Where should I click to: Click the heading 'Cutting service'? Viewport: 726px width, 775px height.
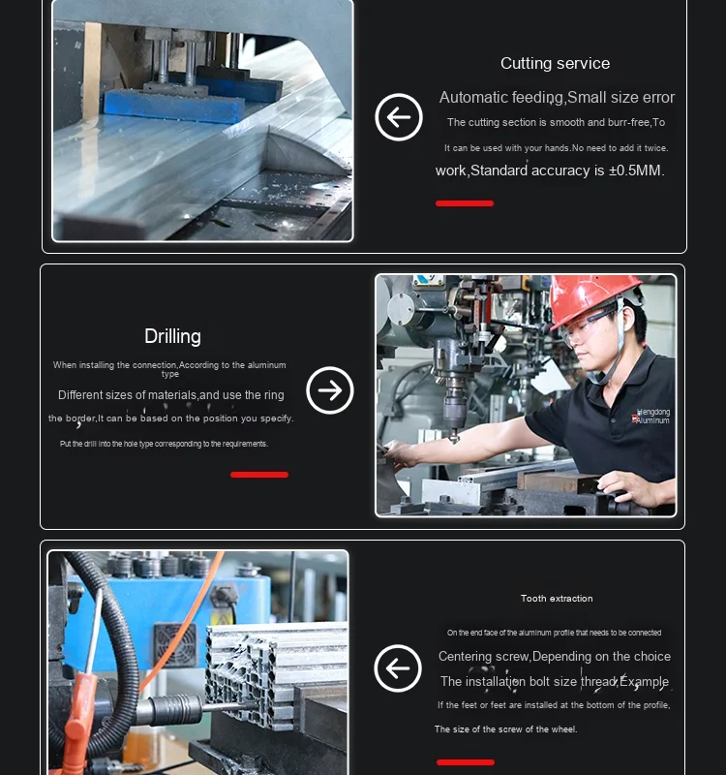click(555, 64)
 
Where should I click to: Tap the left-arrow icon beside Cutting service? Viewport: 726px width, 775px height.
click(399, 117)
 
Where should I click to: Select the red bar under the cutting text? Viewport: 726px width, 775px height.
click(465, 203)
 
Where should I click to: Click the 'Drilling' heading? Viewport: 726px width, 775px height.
click(172, 336)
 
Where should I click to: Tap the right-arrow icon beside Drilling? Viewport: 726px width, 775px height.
click(330, 390)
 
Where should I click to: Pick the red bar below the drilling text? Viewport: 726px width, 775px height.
click(259, 475)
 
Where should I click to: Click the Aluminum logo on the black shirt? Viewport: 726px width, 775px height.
click(652, 417)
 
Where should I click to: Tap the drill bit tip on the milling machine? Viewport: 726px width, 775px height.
click(453, 438)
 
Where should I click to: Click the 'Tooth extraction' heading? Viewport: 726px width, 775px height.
click(557, 599)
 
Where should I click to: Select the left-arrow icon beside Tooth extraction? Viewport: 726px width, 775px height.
click(398, 668)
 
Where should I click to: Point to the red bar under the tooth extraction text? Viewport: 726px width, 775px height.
click(466, 762)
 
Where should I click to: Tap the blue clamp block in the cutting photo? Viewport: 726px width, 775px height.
click(174, 101)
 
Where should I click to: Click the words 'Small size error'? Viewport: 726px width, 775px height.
click(621, 98)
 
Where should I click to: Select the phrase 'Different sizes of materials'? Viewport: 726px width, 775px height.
click(127, 395)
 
